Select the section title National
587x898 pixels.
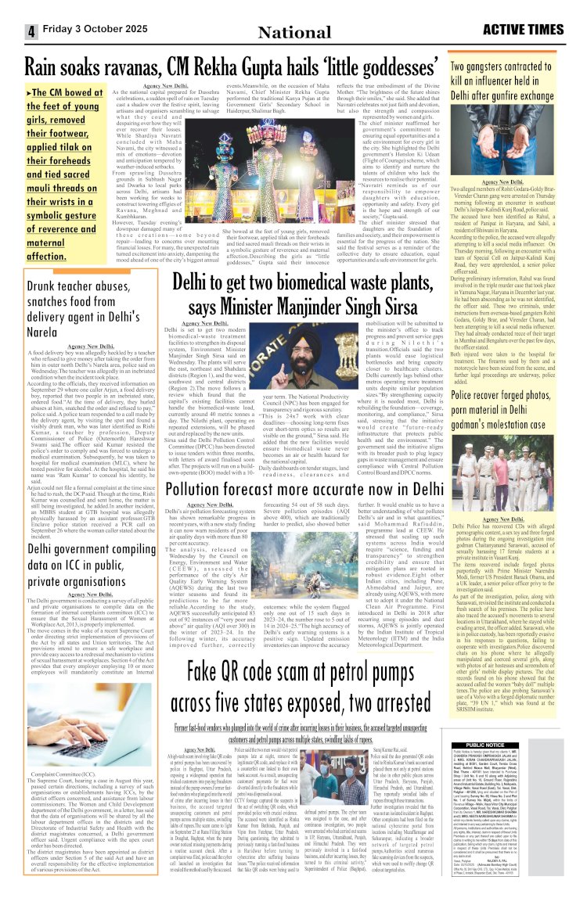click(294, 31)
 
